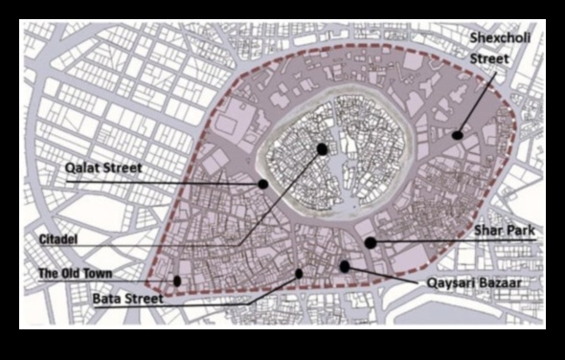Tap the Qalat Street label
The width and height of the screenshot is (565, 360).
(x=103, y=169)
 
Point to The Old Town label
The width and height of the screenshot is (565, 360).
(x=75, y=274)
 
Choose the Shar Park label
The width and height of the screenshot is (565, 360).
(x=503, y=231)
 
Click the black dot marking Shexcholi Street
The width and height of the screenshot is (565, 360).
(x=458, y=135)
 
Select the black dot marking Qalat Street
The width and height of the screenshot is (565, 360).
(x=261, y=183)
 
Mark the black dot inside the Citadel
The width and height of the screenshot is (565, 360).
(x=322, y=149)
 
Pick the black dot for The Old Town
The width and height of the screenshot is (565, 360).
(x=177, y=281)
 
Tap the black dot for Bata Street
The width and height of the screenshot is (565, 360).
(x=299, y=274)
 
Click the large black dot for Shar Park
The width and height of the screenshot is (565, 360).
(x=371, y=243)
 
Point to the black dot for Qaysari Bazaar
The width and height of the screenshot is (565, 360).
(x=344, y=266)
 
